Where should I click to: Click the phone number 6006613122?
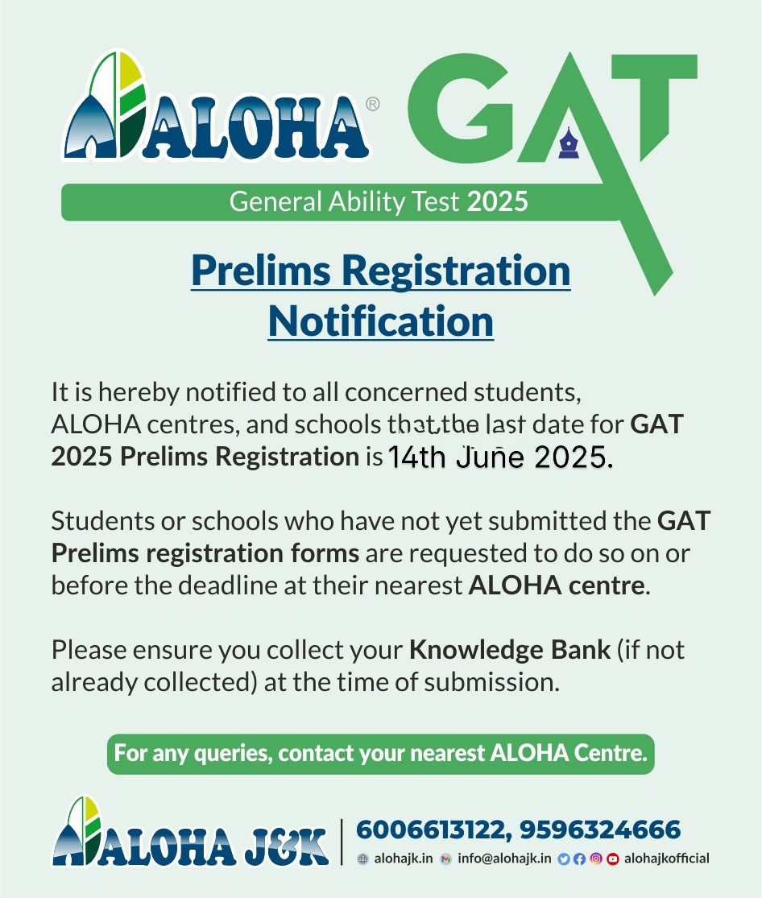433,830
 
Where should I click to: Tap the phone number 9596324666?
601,830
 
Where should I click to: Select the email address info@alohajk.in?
504,859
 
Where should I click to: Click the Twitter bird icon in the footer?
563,859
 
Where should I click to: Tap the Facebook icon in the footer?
579,859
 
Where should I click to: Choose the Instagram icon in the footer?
596,859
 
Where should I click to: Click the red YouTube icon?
613,859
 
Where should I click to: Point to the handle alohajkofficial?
666,859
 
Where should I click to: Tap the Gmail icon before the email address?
446,859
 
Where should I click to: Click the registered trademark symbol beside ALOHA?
373,104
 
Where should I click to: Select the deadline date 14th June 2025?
500,457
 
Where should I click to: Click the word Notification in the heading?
380,321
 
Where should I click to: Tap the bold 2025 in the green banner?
497,201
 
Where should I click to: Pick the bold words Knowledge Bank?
509,650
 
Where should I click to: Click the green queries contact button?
380,755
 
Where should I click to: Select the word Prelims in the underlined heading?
259,272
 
